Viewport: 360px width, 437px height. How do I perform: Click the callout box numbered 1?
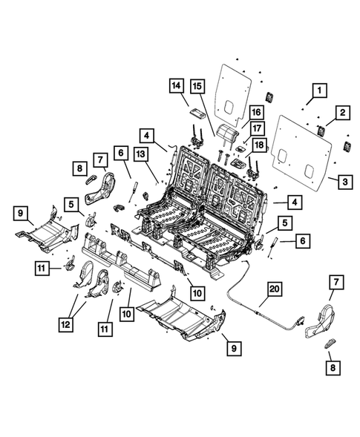click(x=318, y=91)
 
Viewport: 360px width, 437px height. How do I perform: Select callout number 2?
click(x=343, y=113)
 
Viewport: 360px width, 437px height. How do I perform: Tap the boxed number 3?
click(x=343, y=180)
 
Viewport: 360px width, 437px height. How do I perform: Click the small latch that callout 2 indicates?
click(x=321, y=131)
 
